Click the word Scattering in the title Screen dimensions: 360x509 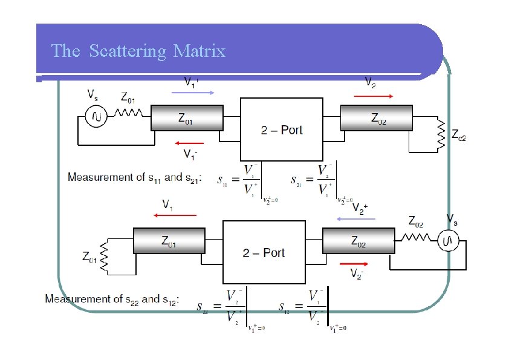click(127, 51)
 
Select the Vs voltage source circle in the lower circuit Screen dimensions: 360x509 click(449, 242)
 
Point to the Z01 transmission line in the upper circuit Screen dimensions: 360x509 click(186, 118)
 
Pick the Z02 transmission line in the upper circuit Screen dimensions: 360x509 click(377, 118)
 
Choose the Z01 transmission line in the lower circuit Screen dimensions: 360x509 click(169, 241)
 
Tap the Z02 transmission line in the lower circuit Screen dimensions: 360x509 click(358, 241)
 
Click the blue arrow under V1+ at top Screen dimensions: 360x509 click(193, 93)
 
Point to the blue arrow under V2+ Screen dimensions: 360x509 click(355, 219)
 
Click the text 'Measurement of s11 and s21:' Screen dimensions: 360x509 click(134, 177)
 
